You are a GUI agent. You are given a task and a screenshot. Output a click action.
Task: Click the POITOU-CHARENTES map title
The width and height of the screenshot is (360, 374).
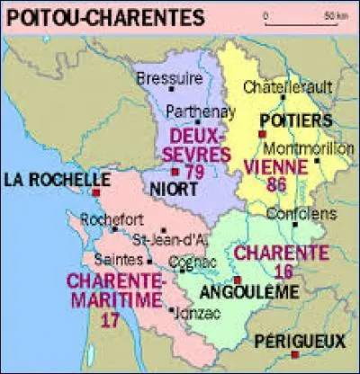pos(77,16)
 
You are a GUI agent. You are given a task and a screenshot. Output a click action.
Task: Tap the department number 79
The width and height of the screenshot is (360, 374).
pos(193,172)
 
